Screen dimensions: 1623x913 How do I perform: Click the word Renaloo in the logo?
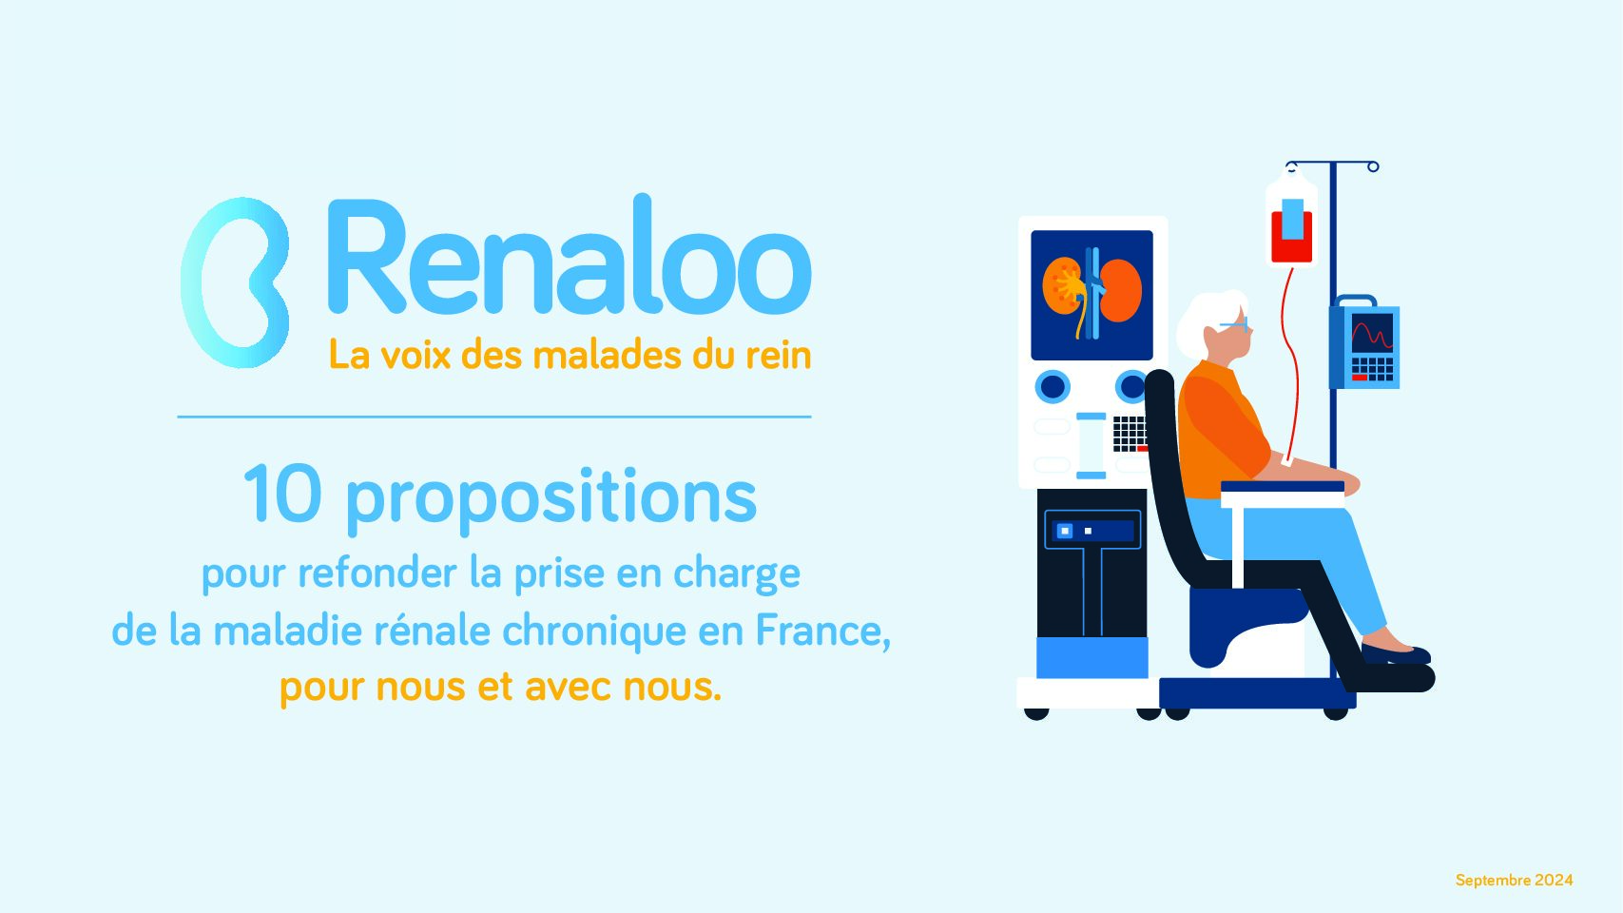click(x=570, y=254)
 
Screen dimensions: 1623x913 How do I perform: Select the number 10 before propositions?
click(x=281, y=495)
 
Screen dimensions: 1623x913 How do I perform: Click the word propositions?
click(x=551, y=500)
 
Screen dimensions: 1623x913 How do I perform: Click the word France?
click(x=823, y=630)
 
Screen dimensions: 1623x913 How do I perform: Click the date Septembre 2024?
click(x=1515, y=881)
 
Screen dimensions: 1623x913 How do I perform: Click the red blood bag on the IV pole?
click(x=1292, y=232)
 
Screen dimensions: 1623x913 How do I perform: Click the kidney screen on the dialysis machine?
click(x=1092, y=295)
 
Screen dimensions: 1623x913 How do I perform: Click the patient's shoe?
click(x=1396, y=653)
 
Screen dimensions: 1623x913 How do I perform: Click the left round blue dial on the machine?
click(x=1053, y=386)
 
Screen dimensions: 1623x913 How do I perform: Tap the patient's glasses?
click(x=1235, y=324)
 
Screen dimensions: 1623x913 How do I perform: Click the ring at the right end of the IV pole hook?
click(x=1373, y=166)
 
